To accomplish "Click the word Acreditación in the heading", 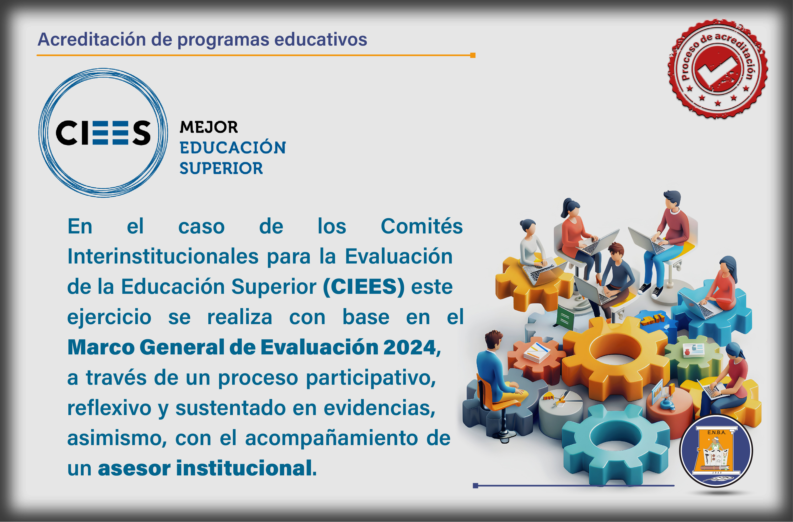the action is (x=92, y=39).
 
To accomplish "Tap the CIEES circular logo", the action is (x=103, y=133).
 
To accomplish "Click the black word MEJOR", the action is (x=209, y=127).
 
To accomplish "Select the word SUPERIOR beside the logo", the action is (x=221, y=168).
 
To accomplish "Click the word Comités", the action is (x=422, y=226).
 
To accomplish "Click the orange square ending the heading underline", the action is (x=473, y=55).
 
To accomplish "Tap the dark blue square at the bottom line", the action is (x=475, y=486).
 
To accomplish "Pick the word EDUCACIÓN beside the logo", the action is (x=233, y=148).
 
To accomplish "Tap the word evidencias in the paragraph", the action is (x=380, y=408).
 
